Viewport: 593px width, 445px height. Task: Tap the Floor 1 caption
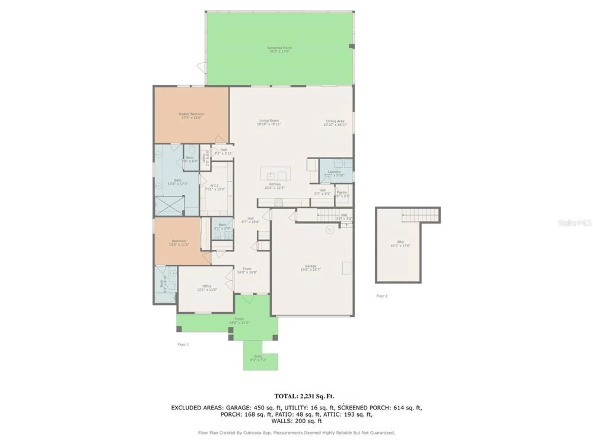[183, 344]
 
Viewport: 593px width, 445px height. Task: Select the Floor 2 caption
[382, 296]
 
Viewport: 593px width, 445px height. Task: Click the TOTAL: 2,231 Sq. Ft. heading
[304, 396]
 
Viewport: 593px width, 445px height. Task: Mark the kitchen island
[275, 174]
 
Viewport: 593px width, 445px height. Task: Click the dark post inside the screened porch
[351, 46]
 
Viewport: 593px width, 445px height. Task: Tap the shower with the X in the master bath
[169, 206]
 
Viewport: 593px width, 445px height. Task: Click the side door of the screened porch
[202, 67]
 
